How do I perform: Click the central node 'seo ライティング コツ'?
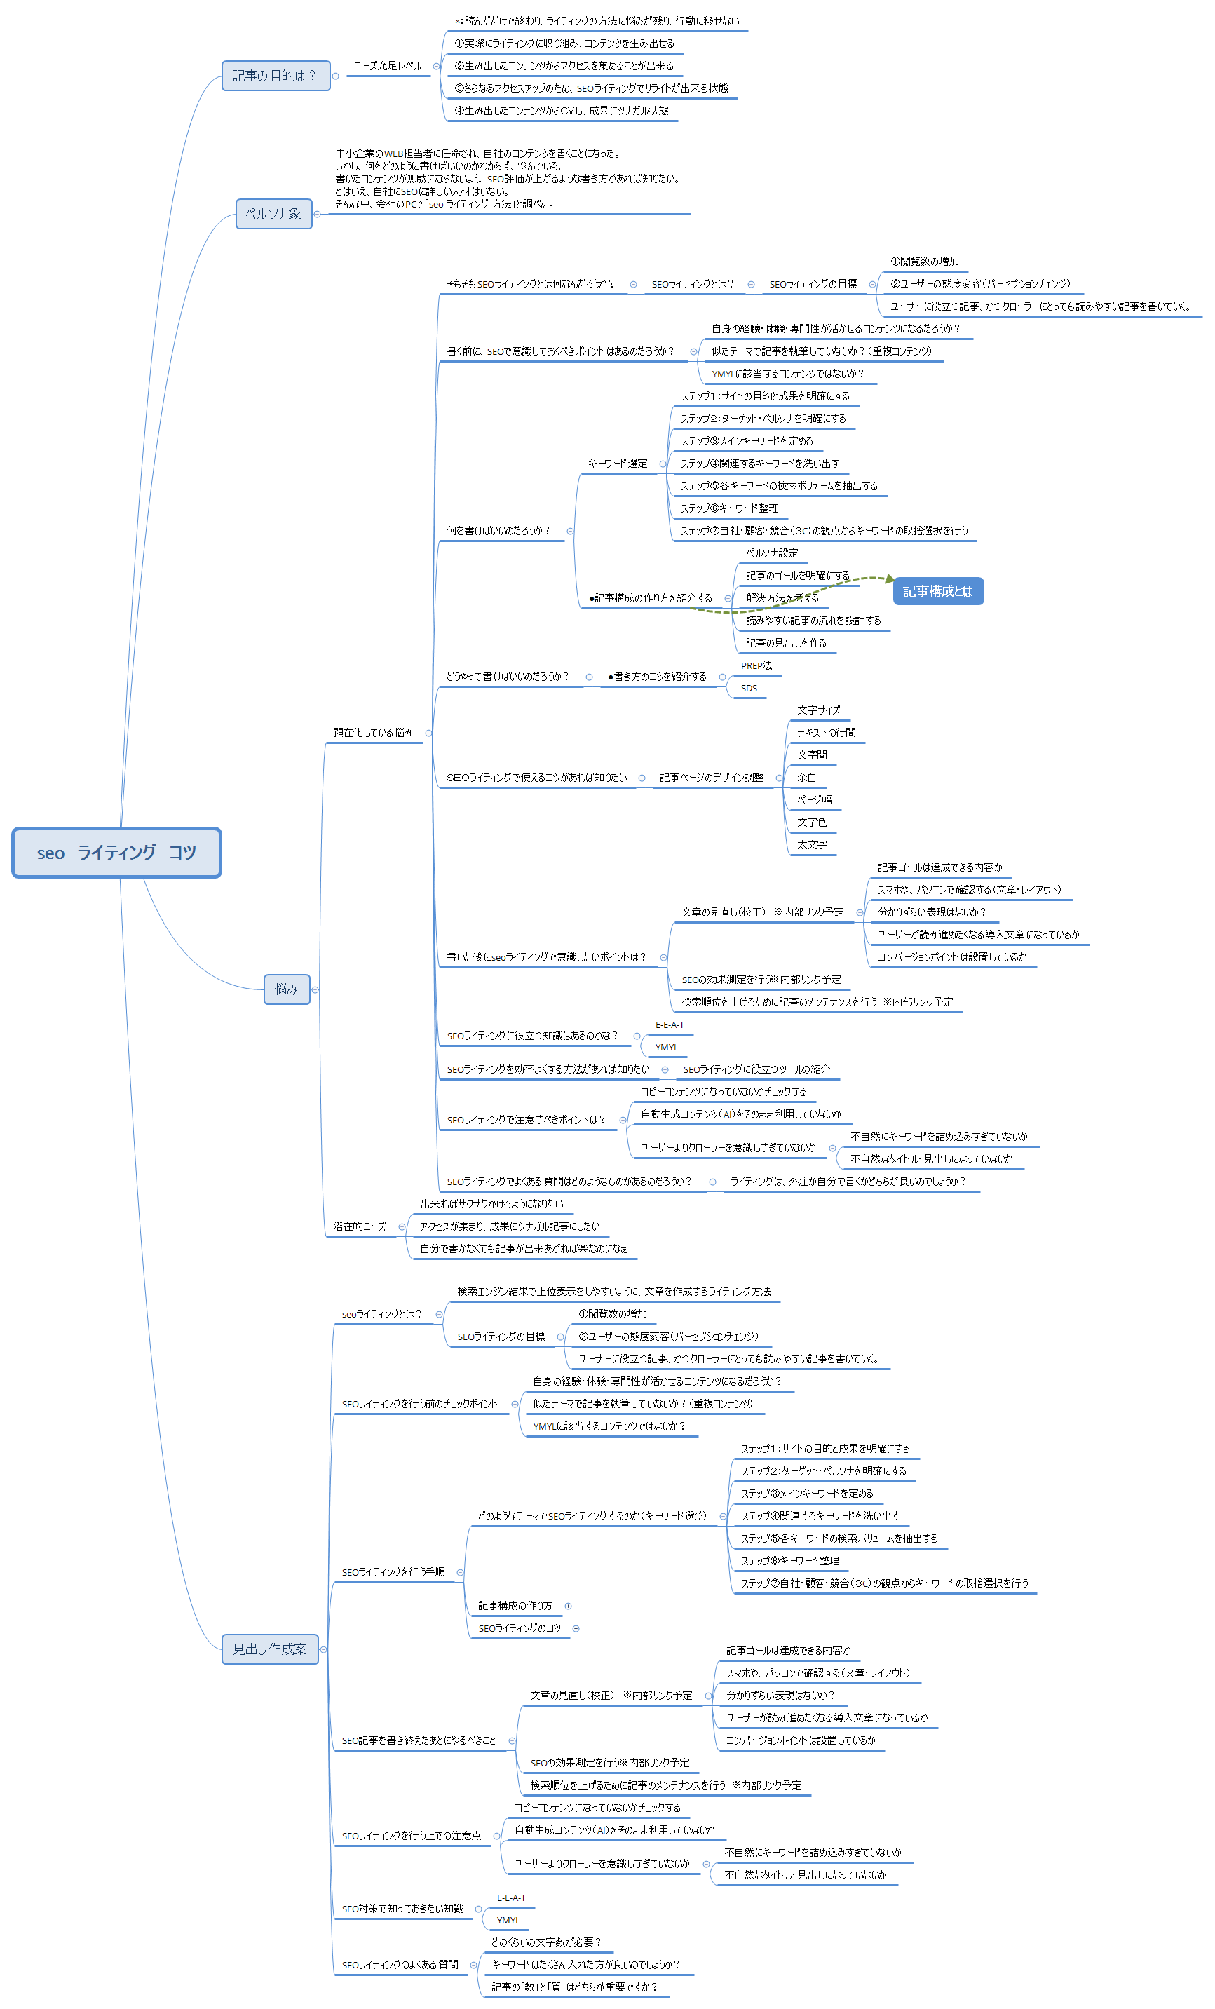[x=116, y=853]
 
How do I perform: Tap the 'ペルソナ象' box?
[x=274, y=214]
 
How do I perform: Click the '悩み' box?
[x=286, y=989]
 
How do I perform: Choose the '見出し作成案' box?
[x=270, y=1649]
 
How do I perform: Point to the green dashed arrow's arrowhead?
[x=890, y=579]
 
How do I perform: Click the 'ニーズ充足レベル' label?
[x=387, y=66]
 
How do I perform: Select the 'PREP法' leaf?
[x=756, y=665]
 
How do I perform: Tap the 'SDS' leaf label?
[x=749, y=688]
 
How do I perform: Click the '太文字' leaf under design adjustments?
[x=811, y=845]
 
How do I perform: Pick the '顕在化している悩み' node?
[x=372, y=732]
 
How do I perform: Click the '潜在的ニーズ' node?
[x=359, y=1226]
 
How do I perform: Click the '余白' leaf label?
[x=806, y=778]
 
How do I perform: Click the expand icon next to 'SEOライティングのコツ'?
[x=576, y=1628]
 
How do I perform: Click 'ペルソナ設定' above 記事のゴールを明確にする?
[x=771, y=553]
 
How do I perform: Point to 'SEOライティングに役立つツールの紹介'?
[x=756, y=1069]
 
